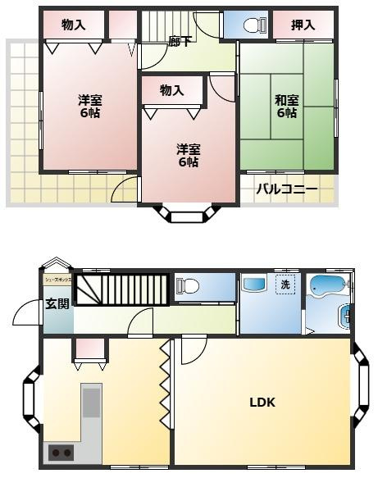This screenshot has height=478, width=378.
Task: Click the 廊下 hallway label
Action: [x=181, y=41]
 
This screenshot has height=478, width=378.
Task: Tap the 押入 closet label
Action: [x=303, y=25]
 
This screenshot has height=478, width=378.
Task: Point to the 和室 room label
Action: [x=286, y=107]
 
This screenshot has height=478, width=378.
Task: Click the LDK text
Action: [x=262, y=403]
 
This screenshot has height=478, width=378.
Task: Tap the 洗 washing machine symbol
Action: [x=285, y=285]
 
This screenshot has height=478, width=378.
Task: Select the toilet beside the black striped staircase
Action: [x=191, y=286]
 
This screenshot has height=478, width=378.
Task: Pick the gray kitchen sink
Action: [x=91, y=403]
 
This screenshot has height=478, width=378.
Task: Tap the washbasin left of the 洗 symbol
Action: [x=251, y=285]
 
